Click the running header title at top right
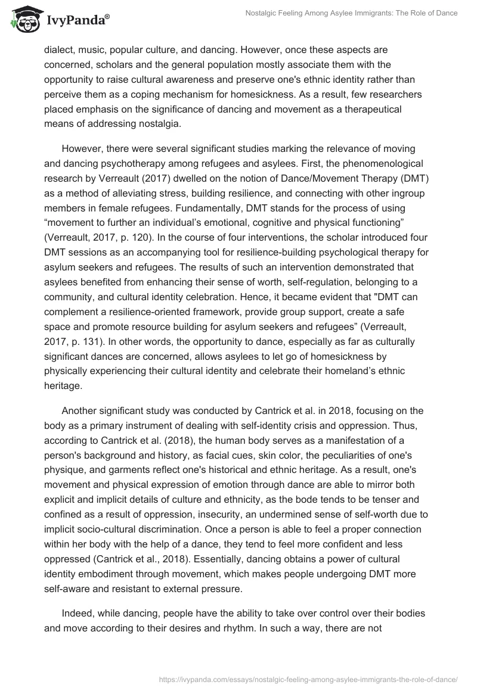[x=352, y=13]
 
